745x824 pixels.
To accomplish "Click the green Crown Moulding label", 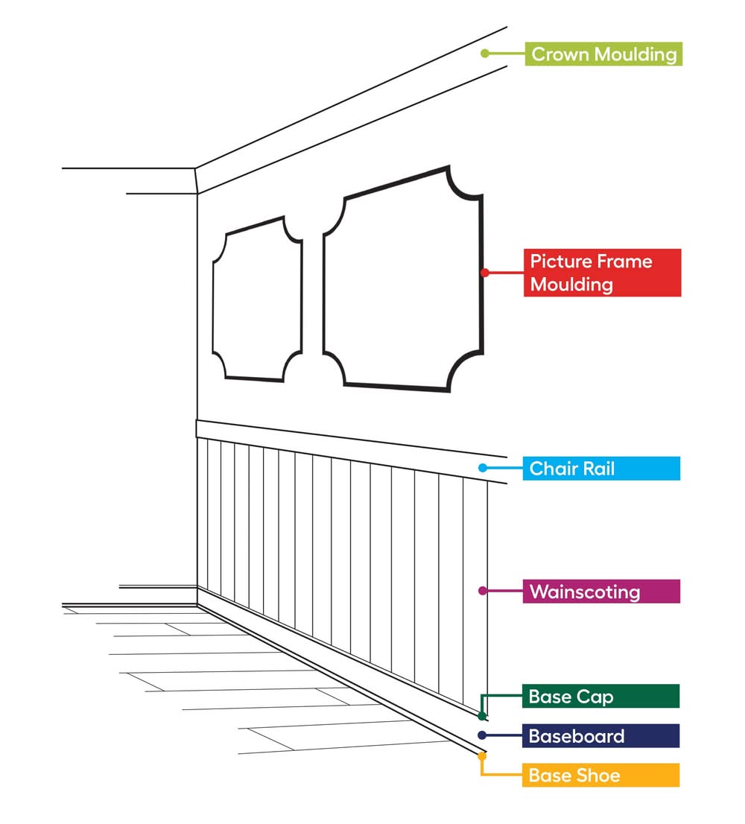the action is click(x=603, y=54).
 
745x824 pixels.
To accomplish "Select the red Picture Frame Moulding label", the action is click(x=602, y=273).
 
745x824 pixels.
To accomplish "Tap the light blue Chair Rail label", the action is click(x=601, y=468).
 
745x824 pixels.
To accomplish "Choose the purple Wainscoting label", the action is click(x=601, y=592).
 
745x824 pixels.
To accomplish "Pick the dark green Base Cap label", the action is click(x=600, y=697).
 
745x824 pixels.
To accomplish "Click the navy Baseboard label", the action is click(x=600, y=736).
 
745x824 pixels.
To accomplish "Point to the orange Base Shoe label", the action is click(x=600, y=775).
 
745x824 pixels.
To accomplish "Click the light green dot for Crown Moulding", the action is click(x=485, y=53).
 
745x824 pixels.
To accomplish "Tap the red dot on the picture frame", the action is click(x=485, y=272).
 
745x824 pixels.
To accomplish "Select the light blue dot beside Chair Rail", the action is click(x=483, y=468).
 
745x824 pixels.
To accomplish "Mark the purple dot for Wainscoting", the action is click(x=482, y=591).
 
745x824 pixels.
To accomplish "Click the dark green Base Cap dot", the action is click(x=482, y=716).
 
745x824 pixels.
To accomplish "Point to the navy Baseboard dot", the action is click(x=482, y=735).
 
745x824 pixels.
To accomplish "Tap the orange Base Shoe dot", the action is click(x=482, y=755).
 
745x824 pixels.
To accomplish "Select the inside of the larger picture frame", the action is click(x=403, y=279).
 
